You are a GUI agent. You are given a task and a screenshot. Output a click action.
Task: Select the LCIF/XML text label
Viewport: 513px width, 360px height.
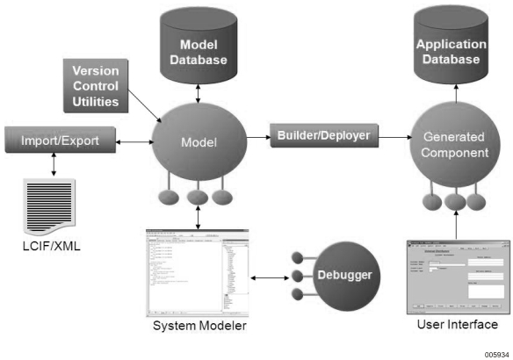[51, 245]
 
